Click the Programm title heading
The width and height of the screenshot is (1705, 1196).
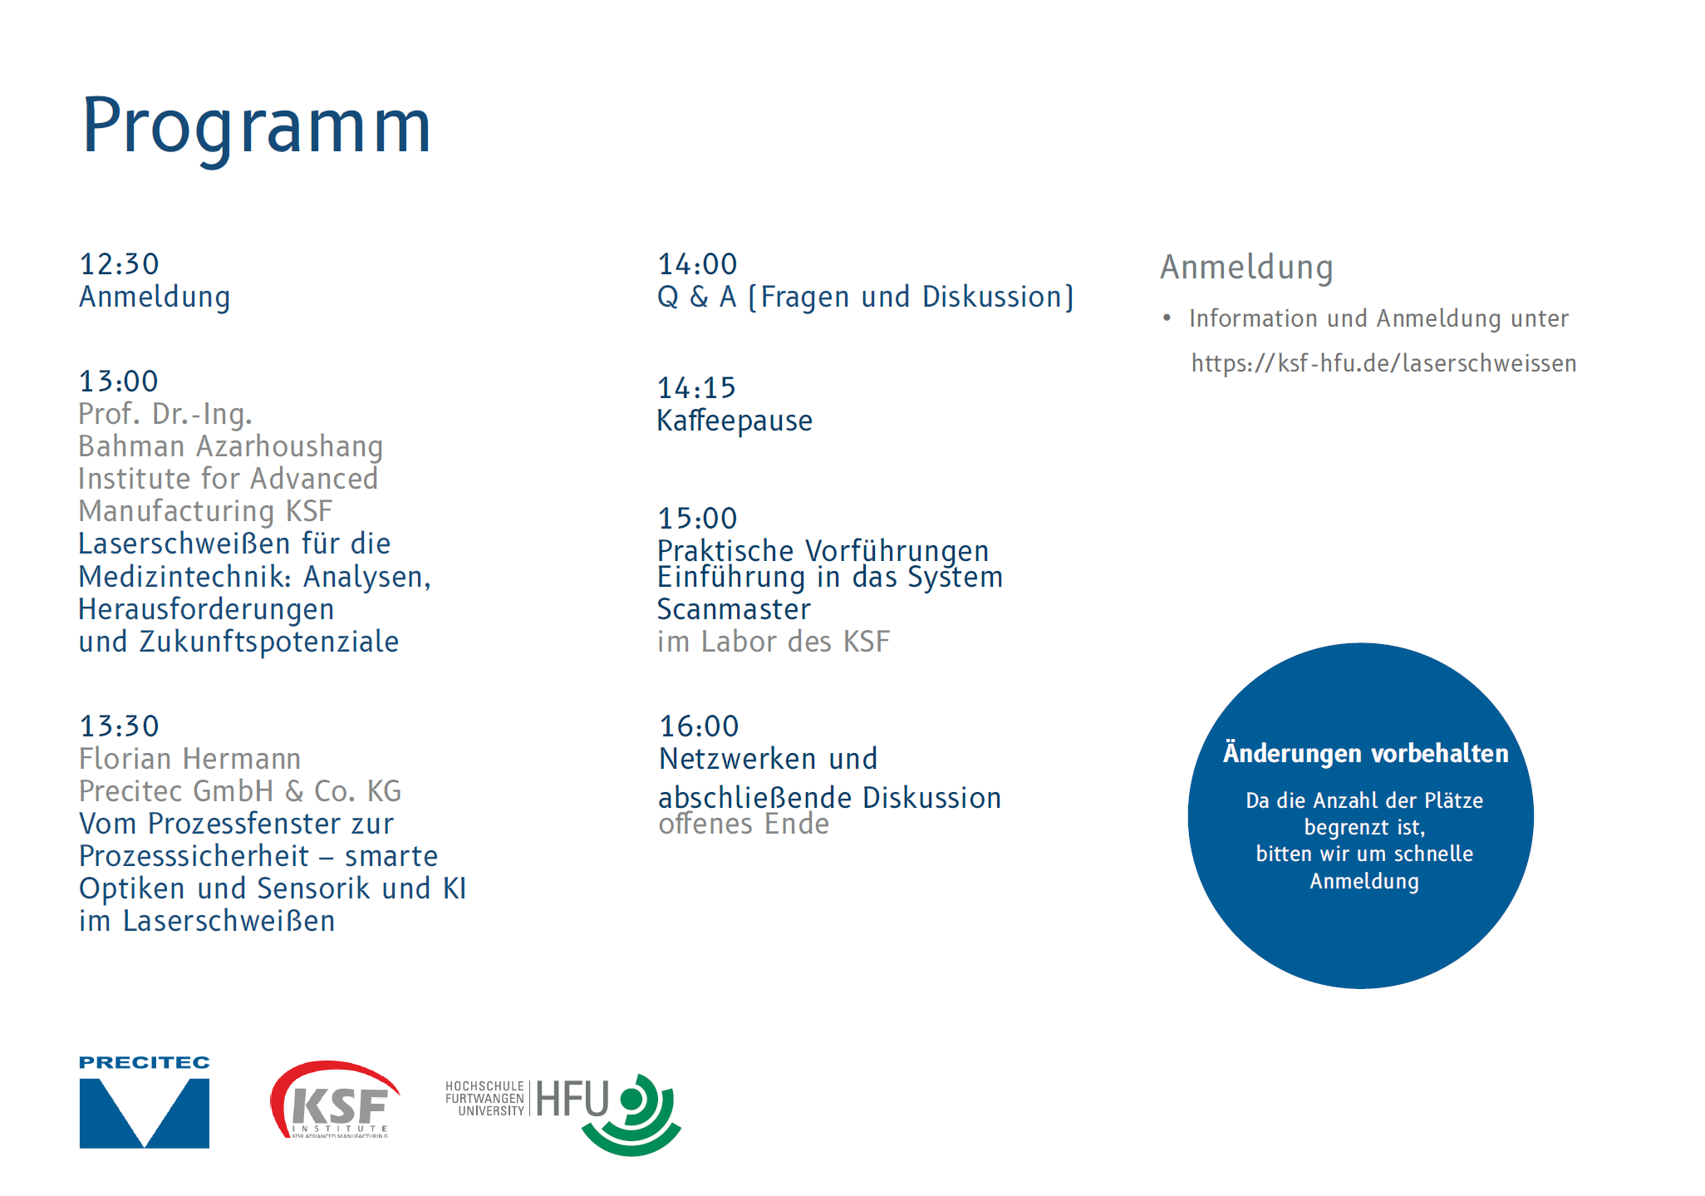click(257, 126)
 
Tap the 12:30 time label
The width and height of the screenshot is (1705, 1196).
click(119, 264)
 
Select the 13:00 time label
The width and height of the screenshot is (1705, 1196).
click(119, 381)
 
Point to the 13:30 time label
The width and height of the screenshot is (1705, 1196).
click(119, 726)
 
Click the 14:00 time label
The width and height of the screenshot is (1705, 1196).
click(697, 264)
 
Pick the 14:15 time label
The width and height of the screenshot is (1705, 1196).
click(696, 388)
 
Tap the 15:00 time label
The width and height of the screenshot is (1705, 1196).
click(697, 519)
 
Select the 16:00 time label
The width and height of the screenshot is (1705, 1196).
click(699, 726)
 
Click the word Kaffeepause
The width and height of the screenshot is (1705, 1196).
click(735, 421)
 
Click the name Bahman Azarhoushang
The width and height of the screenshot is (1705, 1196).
click(231, 447)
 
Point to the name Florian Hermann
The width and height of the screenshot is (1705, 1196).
click(190, 759)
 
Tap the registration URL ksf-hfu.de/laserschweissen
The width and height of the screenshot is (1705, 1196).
click(1383, 363)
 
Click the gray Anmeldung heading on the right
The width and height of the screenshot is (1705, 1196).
click(1246, 268)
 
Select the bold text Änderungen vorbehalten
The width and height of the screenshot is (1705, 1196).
click(1365, 753)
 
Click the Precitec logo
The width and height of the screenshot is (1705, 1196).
click(145, 1102)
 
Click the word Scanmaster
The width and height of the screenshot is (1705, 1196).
click(734, 610)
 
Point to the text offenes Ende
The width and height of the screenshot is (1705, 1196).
click(744, 824)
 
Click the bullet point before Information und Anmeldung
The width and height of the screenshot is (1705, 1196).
click(1167, 318)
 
